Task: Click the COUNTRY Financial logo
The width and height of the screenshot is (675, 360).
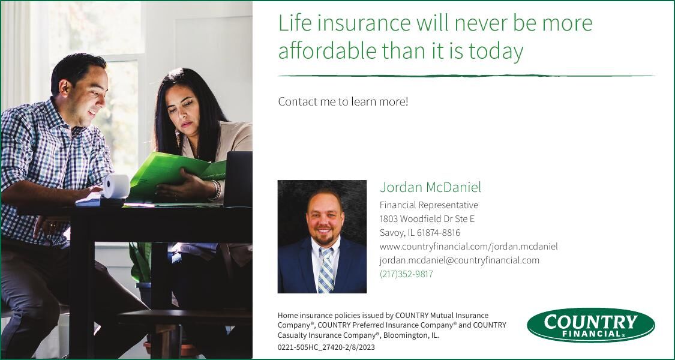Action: click(590, 325)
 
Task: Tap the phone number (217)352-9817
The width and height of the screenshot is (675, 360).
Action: click(406, 274)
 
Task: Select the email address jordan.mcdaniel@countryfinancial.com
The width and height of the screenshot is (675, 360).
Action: click(459, 260)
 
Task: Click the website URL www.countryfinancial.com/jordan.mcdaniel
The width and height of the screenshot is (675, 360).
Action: click(468, 247)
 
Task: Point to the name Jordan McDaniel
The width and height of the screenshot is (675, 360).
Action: click(430, 187)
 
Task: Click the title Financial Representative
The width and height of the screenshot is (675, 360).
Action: click(428, 205)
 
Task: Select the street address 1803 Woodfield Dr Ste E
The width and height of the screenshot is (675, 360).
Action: click(427, 219)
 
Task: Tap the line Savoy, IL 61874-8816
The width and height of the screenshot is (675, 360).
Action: click(419, 233)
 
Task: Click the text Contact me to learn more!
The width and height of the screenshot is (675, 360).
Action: click(343, 101)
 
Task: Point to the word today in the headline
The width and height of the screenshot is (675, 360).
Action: click(496, 51)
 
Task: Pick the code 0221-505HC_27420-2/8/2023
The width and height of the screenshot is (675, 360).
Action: click(326, 347)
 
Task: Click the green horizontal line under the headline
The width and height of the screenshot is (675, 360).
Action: click(466, 76)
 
